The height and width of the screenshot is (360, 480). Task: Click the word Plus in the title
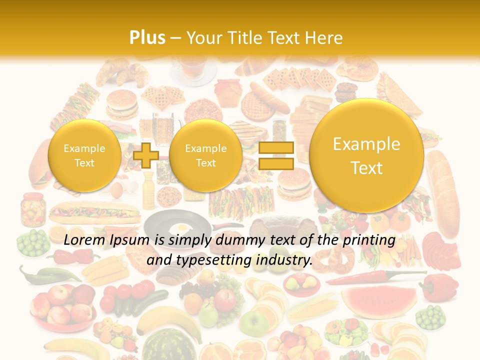(x=147, y=38)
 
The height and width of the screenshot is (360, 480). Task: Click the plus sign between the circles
(x=145, y=155)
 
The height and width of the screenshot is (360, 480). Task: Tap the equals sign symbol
(x=276, y=155)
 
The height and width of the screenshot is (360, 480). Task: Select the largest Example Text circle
(x=366, y=155)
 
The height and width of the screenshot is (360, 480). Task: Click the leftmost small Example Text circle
(x=84, y=155)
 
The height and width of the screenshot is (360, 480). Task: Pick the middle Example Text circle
(x=205, y=155)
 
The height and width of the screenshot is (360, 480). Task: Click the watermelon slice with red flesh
(x=379, y=300)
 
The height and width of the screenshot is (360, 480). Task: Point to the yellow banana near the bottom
(x=160, y=320)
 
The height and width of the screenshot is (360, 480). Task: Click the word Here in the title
(x=325, y=38)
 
